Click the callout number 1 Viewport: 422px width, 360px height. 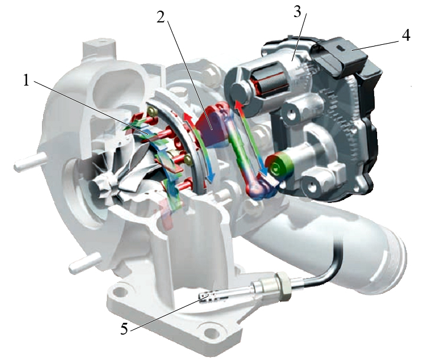point(26,80)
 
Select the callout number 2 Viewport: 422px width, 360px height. point(161,17)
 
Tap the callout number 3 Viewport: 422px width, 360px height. point(297,12)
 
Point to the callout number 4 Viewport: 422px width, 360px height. point(406,35)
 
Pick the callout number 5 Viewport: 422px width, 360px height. point(124,328)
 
